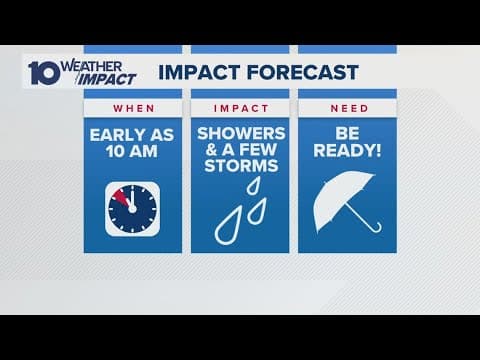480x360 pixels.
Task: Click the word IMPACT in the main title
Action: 195,72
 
